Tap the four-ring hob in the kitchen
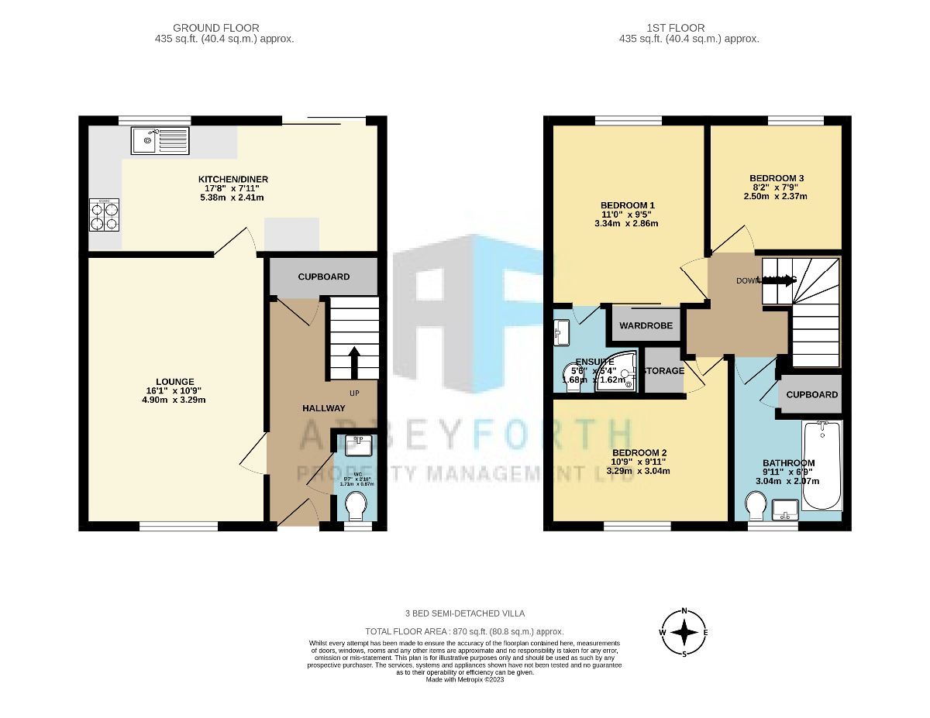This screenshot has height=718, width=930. (104, 215)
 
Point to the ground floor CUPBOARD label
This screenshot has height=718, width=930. (323, 277)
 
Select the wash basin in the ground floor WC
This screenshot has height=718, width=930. (358, 445)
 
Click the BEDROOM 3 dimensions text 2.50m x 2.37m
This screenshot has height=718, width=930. (776, 196)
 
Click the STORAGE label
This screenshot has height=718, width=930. (664, 371)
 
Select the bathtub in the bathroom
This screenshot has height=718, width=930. (822, 465)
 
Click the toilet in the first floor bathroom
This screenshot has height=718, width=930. (753, 507)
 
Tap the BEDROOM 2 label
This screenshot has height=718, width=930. (639, 452)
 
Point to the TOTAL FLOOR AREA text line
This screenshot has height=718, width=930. (464, 632)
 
